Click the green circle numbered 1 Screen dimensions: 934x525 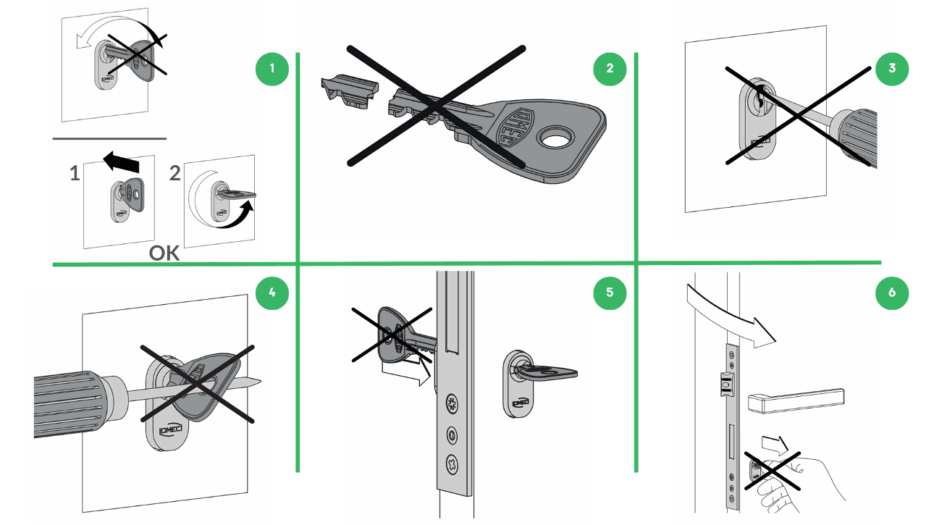272,69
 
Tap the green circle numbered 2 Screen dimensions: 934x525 610,69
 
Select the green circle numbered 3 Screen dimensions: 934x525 892,69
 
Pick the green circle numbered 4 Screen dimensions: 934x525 272,293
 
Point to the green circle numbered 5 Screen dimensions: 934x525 610,293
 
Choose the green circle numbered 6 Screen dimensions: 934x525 892,293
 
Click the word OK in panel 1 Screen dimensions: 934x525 164,253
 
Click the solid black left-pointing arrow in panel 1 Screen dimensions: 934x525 121,162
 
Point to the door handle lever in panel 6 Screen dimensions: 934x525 796,400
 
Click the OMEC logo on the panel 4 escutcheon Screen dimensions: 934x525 171,430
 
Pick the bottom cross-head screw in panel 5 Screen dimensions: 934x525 453,463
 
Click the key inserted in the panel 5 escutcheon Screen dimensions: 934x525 546,372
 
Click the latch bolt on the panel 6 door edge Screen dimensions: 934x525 726,383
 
